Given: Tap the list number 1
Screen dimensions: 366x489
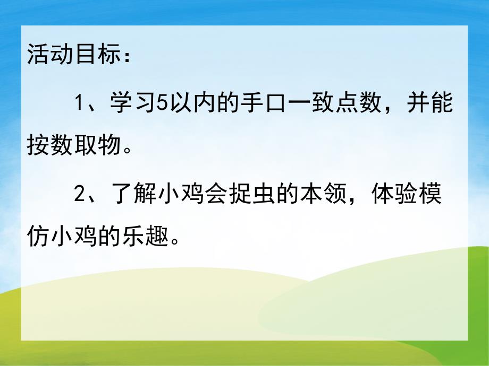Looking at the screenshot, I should (x=80, y=102).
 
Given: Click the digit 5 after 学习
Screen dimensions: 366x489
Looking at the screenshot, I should (x=163, y=102).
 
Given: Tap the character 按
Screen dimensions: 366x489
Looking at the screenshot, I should (x=37, y=146).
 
